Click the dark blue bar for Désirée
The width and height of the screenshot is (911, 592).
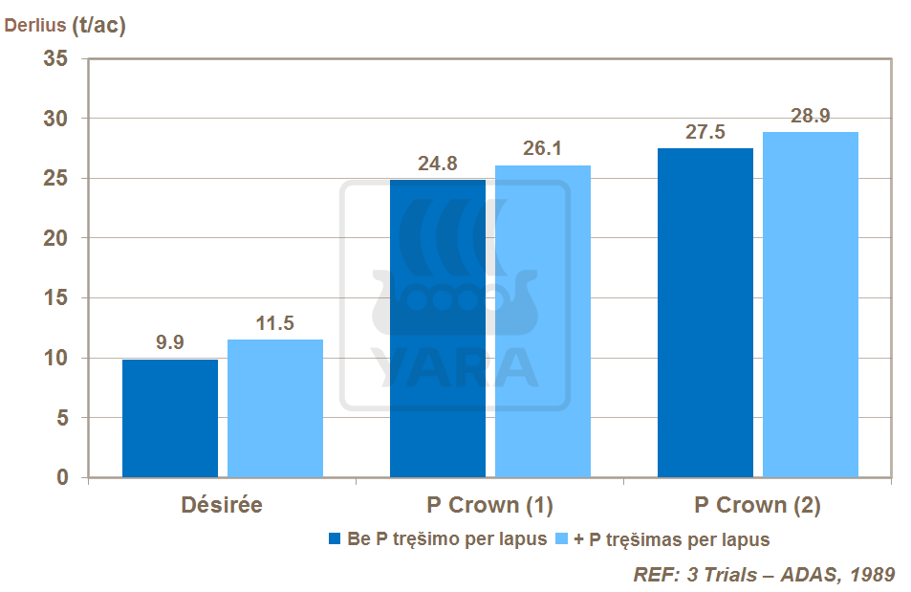point(170,418)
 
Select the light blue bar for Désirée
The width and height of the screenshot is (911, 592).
point(275,408)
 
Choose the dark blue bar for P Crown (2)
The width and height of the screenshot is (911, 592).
point(705,313)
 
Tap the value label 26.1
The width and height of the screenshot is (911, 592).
point(542,149)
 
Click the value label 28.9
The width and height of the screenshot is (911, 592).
point(810,116)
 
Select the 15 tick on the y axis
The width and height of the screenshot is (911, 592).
point(57,298)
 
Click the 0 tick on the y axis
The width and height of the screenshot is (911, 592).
point(63,477)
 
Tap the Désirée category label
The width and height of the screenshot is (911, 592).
point(222,505)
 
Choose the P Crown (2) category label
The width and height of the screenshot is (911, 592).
point(757,505)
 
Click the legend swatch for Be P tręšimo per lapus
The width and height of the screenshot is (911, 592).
point(335,539)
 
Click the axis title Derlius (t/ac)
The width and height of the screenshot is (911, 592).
point(65,26)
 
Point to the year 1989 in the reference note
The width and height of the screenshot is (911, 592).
point(872,575)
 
